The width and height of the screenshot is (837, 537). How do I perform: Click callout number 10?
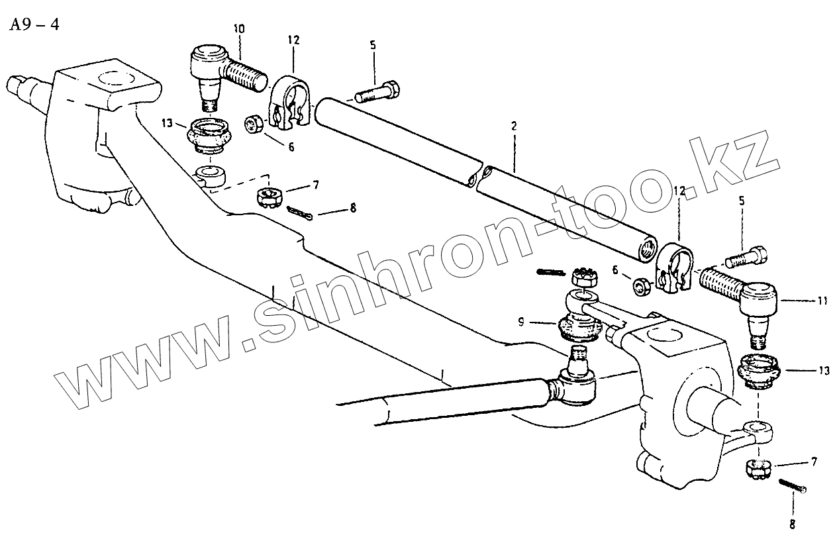point(238,29)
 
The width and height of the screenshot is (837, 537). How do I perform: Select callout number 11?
point(822,301)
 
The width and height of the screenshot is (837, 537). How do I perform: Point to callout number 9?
point(522,322)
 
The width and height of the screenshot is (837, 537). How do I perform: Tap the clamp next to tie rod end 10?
point(291,103)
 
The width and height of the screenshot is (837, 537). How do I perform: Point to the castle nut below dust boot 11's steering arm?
point(758,469)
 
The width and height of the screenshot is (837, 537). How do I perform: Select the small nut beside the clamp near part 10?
point(254,124)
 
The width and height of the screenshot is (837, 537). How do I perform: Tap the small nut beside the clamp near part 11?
point(640,287)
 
